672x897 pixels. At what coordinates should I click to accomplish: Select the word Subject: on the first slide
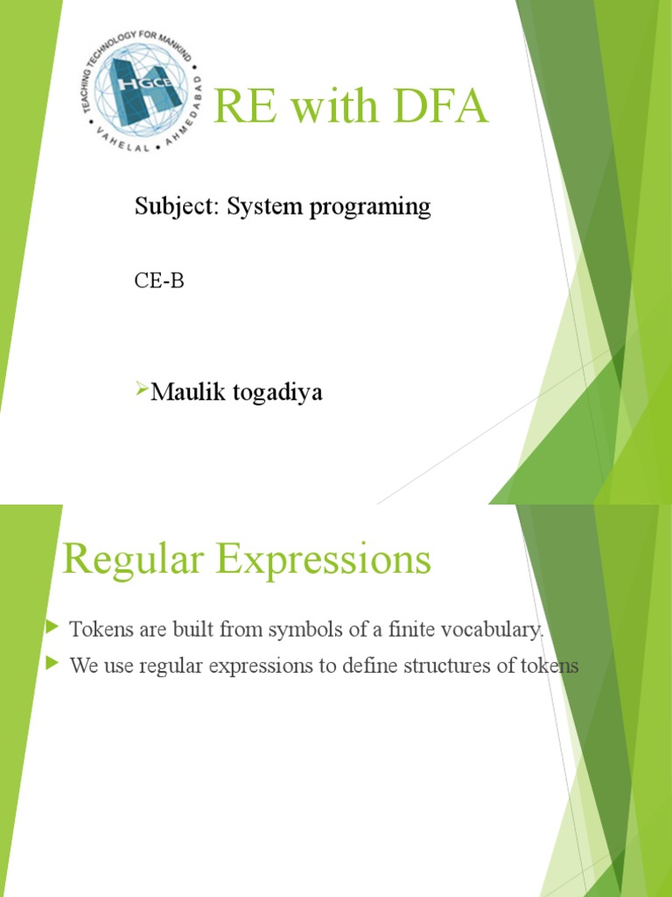(x=178, y=207)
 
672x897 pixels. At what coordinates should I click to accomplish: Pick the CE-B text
(x=159, y=282)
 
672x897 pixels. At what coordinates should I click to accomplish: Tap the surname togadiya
(x=277, y=392)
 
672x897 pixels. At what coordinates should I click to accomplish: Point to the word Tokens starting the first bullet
(x=97, y=629)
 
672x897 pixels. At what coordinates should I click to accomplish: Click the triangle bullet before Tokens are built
(x=52, y=627)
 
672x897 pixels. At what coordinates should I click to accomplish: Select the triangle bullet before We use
(x=52, y=664)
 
